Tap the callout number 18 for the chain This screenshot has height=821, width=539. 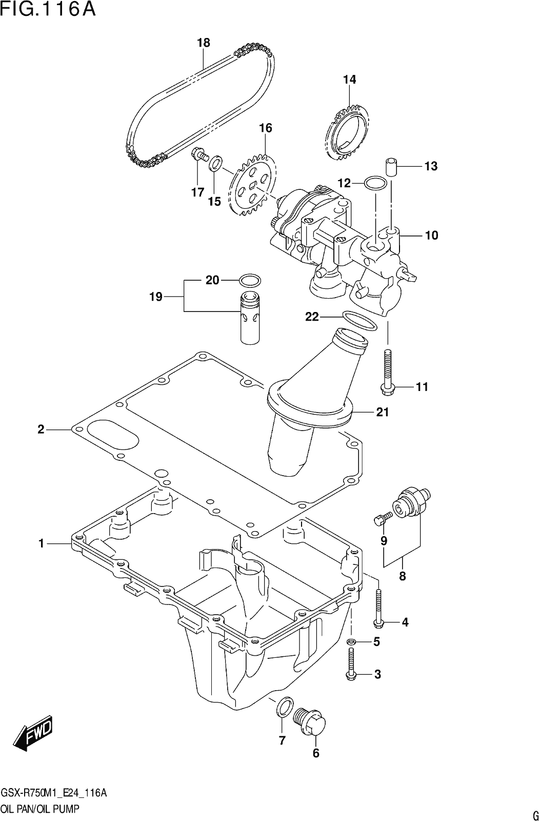204,43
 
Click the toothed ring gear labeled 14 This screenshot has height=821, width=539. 347,131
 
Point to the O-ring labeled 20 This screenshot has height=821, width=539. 250,280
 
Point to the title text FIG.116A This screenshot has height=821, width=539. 48,9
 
